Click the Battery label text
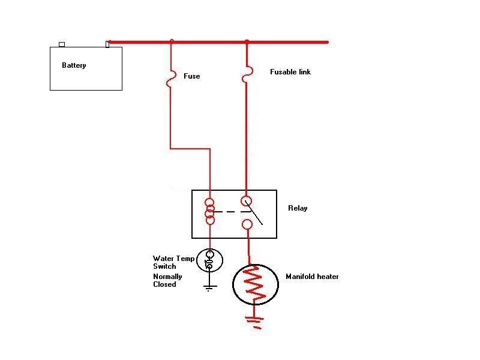pos(74,65)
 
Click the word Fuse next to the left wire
pos(191,76)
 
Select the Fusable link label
pos(290,72)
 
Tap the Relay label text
pos(298,208)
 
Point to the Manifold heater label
pos(312,277)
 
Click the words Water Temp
pos(173,259)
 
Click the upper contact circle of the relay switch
pos(247,201)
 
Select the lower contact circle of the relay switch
pos(247,225)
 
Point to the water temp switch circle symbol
pos(209,260)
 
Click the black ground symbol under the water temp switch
pos(209,287)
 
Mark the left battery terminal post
pos(61,44)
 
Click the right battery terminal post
pos(107,44)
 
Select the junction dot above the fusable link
pos(247,41)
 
